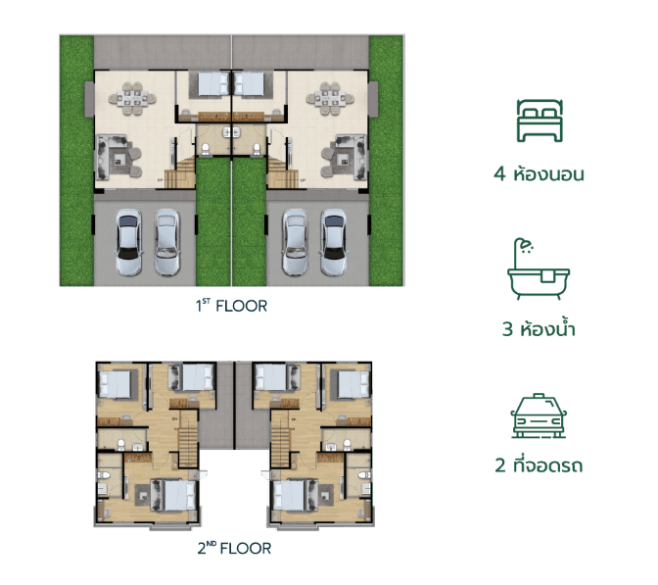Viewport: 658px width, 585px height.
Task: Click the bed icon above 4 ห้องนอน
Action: [540, 121]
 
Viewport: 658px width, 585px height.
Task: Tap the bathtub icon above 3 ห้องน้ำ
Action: [539, 268]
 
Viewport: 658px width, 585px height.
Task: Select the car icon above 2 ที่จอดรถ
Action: [539, 416]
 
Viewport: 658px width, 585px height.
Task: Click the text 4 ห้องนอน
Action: [539, 173]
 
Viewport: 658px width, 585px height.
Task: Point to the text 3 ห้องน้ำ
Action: [539, 329]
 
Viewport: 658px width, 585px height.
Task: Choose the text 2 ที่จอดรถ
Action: [539, 465]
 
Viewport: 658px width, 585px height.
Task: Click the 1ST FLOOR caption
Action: [231, 306]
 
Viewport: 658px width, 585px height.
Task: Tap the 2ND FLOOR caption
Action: [234, 548]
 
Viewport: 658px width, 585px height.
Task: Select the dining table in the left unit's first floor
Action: [132, 99]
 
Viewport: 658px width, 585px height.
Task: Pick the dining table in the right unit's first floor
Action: [330, 99]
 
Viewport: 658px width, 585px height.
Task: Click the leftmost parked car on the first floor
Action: [129, 242]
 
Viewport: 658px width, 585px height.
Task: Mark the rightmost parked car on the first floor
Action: [334, 242]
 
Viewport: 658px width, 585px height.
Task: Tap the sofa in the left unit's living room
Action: [103, 157]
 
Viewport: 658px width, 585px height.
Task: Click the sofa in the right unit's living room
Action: [359, 157]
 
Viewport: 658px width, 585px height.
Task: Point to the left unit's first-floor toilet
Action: [206, 149]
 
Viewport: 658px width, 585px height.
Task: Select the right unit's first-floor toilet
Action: [257, 149]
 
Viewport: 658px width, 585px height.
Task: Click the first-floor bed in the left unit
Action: [213, 83]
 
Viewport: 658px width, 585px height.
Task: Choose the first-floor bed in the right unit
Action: [250, 83]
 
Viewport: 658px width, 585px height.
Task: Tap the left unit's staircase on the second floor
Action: [188, 440]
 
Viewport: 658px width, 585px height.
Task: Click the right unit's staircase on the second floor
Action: [280, 440]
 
